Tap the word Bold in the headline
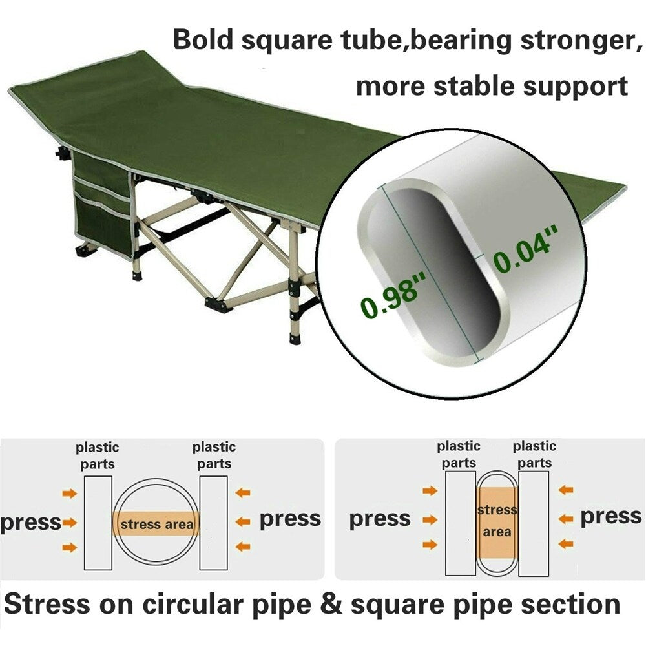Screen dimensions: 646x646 (x=205, y=40)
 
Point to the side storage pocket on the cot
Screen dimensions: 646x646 (x=103, y=200)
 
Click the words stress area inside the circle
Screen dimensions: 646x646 (x=156, y=524)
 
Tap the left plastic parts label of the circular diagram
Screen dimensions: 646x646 (x=98, y=455)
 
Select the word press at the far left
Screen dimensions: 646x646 (x=30, y=522)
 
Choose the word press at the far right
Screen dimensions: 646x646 (x=610, y=517)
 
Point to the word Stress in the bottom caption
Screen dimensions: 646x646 (x=47, y=605)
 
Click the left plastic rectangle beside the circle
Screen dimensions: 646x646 (x=98, y=523)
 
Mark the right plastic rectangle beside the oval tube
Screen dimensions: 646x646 (x=534, y=523)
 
